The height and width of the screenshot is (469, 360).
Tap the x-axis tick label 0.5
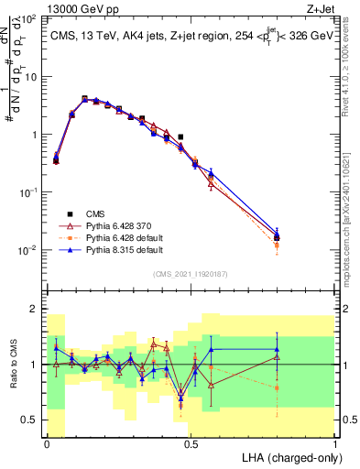click(191, 442)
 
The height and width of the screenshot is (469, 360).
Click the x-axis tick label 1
click(334, 442)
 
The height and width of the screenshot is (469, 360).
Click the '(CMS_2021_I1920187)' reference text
click(191, 272)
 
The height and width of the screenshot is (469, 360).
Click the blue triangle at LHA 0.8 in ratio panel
click(277, 349)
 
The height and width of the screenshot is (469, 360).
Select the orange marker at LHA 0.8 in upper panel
click(277, 245)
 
